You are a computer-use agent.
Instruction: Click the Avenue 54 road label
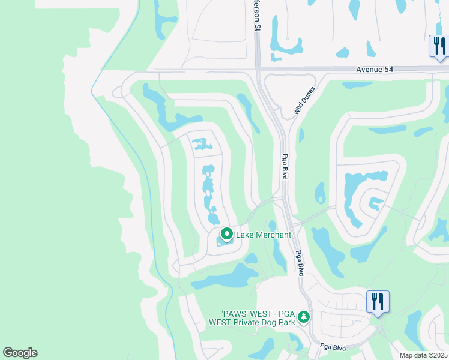tap(375, 70)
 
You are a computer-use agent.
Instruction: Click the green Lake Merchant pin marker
tap(227, 234)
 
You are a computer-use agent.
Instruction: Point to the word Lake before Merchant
tap(244, 235)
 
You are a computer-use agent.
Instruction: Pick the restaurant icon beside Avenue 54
tap(438, 46)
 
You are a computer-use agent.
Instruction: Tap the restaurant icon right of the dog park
tap(378, 301)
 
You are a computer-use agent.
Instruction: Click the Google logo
tap(20, 353)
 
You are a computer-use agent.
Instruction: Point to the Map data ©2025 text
tap(423, 355)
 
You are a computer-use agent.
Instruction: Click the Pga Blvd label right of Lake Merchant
tap(299, 263)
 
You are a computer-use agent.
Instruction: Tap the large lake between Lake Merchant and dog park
tap(228, 276)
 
